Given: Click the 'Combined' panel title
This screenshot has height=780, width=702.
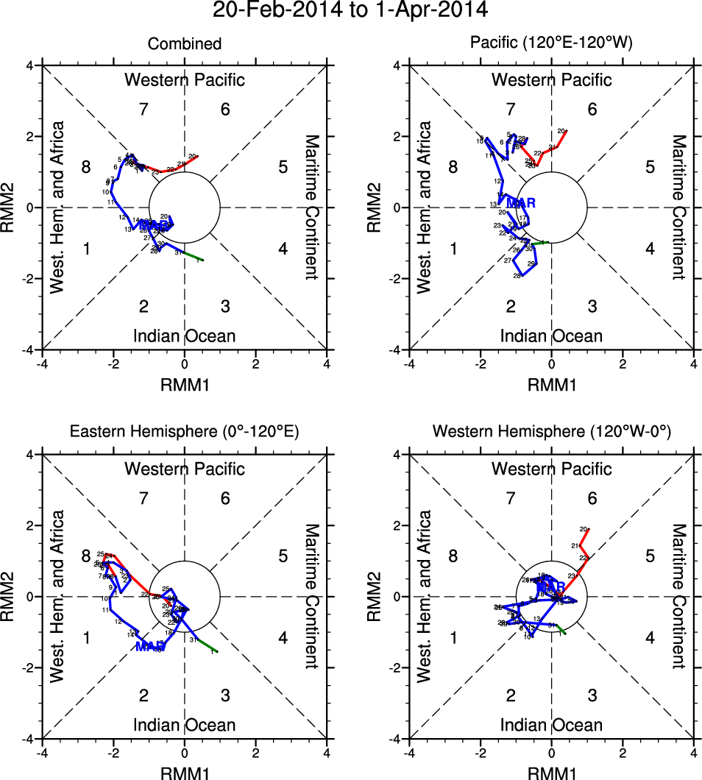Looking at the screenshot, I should pos(185,44).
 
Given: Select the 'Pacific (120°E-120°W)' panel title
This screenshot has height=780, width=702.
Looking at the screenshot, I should pos(551,44).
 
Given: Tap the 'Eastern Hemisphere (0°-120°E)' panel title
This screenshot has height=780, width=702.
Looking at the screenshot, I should pos(184,433).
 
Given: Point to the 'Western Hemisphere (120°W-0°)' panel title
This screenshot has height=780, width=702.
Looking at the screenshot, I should pos(552,433).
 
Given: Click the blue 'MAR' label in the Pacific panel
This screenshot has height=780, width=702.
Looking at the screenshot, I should pos(520,202).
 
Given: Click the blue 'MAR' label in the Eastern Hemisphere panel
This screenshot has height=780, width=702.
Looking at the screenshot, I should pos(150,646).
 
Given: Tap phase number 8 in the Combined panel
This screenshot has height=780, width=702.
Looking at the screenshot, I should pos(86,167).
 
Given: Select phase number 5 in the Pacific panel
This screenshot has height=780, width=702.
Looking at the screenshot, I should pos(650,167).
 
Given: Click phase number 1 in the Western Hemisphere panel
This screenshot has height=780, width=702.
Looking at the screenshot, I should pos(454,637).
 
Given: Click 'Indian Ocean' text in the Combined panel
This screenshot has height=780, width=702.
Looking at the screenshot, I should pos(184,336).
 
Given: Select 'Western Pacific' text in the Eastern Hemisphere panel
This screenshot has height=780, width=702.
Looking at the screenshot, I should pos(184,468).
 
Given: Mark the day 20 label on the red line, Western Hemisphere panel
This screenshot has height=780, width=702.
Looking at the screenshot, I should pos(584,529).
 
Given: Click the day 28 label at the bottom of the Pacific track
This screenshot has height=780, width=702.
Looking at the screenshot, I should pos(517,276).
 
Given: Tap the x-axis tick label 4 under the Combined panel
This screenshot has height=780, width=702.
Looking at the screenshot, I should pos(326,364).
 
